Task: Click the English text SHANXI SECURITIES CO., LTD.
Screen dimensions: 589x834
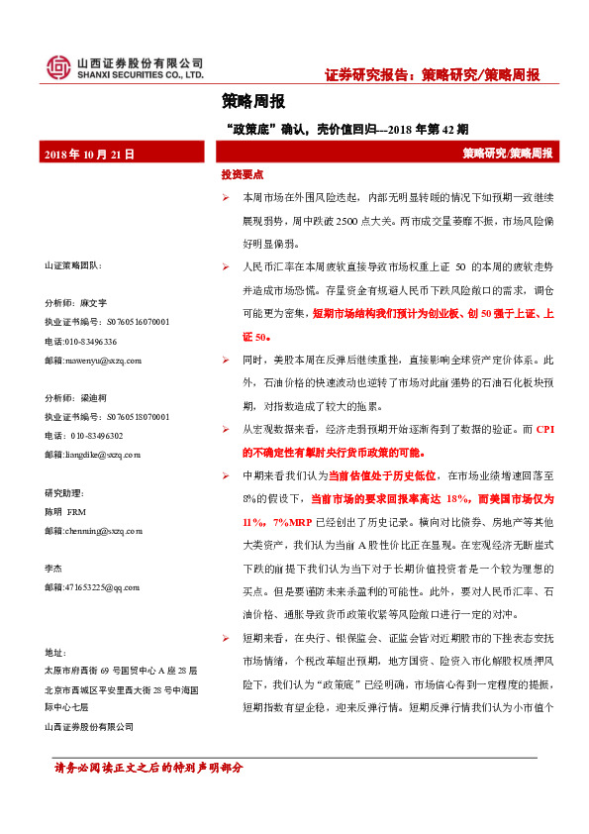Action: tap(140, 75)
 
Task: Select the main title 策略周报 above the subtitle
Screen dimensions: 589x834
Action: tap(253, 101)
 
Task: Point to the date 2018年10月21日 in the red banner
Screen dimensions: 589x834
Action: tap(89, 154)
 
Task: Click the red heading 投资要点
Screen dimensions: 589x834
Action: tap(243, 174)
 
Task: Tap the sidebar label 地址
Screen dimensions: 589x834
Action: tap(53, 652)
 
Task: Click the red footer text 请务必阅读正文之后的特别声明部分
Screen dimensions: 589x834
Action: tap(147, 768)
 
